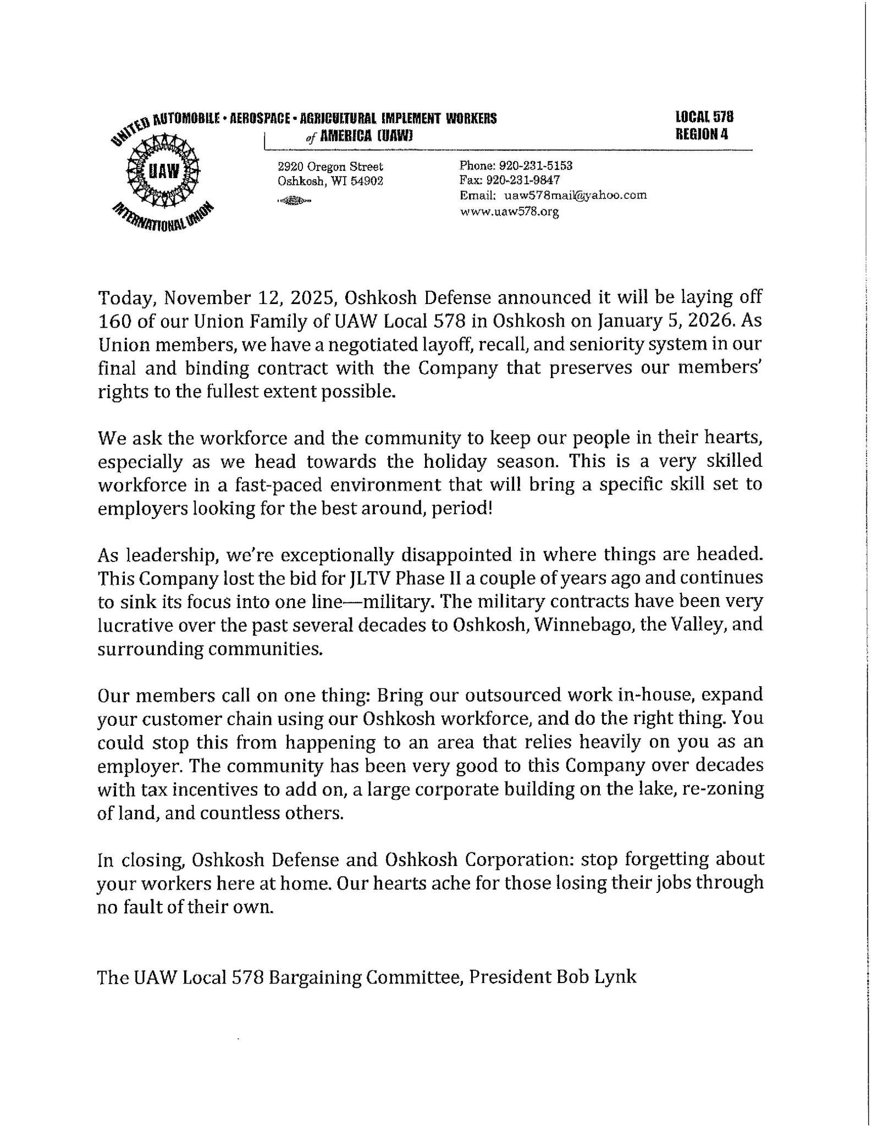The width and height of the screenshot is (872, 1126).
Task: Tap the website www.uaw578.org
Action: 509,211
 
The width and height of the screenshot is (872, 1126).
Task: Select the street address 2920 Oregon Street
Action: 330,167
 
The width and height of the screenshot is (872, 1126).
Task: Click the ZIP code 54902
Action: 367,181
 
